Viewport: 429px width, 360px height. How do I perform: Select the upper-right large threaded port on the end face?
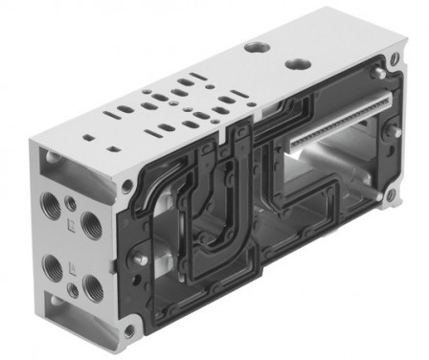(89, 223)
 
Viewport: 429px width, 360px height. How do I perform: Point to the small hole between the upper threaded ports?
(69, 203)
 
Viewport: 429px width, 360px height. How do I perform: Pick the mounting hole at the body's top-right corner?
(381, 74)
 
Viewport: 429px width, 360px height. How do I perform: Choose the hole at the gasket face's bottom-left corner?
(129, 330)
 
